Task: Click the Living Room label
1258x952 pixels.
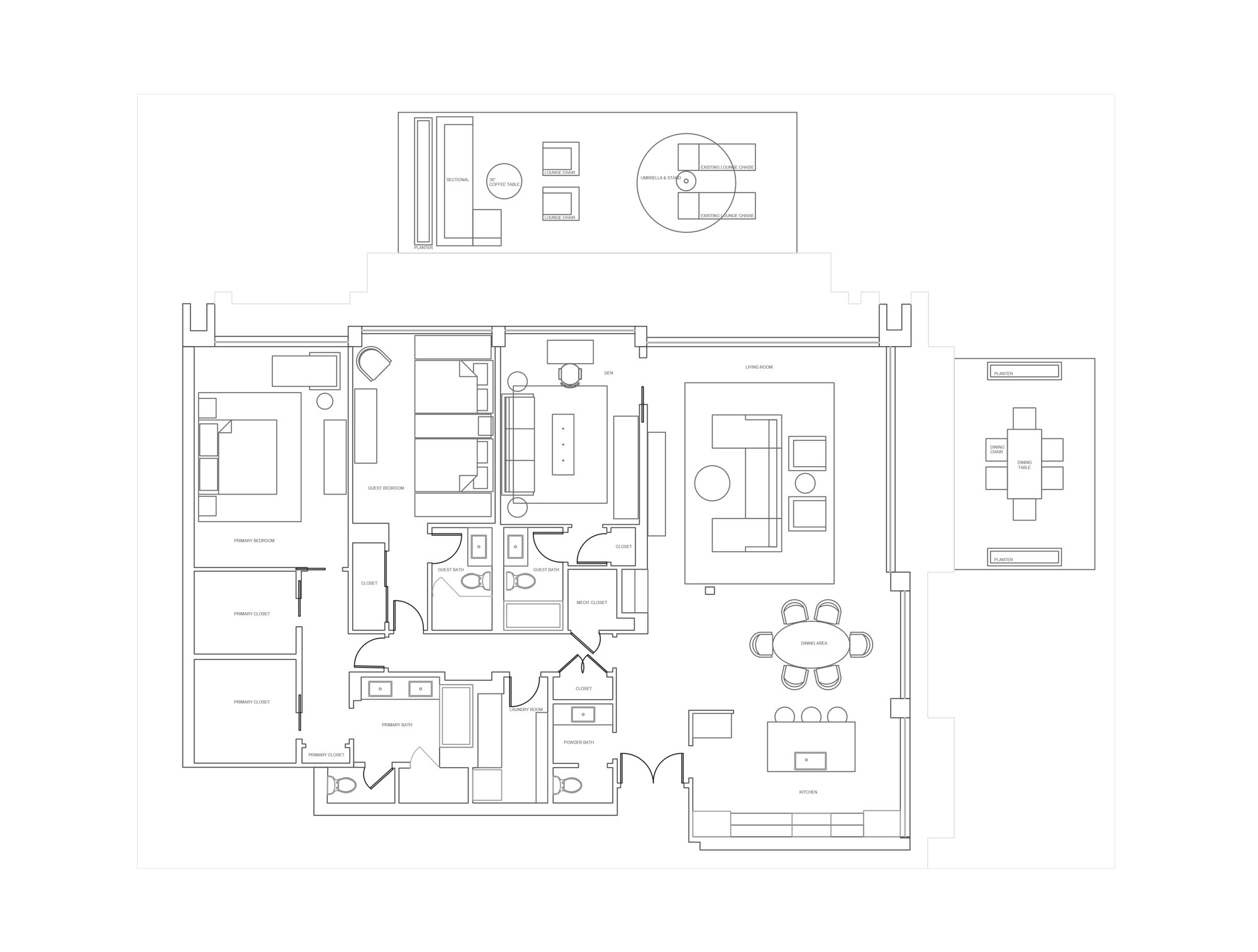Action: tap(759, 367)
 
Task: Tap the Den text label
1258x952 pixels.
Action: tap(608, 373)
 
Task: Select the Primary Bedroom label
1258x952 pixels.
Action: tap(254, 540)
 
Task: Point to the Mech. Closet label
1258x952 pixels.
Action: tap(592, 603)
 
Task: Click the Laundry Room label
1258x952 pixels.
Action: tap(526, 710)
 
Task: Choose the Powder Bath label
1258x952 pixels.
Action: tap(579, 742)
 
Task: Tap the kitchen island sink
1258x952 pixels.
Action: tap(810, 761)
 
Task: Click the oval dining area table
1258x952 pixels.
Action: tap(811, 644)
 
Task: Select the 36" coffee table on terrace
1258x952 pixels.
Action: tap(504, 181)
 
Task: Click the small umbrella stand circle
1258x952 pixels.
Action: tap(686, 181)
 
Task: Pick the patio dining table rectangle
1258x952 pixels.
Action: tap(1024, 464)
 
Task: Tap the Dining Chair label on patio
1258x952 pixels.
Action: tap(996, 449)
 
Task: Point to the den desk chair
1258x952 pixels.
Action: tap(571, 376)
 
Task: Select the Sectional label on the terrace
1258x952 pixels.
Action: tap(457, 180)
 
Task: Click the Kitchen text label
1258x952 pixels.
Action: tap(808, 792)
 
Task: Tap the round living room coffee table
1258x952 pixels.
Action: tap(712, 483)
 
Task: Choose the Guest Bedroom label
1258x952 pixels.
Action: tap(386, 488)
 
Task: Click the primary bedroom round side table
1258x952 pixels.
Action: tap(325, 401)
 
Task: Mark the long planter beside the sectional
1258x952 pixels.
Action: tap(423, 181)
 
